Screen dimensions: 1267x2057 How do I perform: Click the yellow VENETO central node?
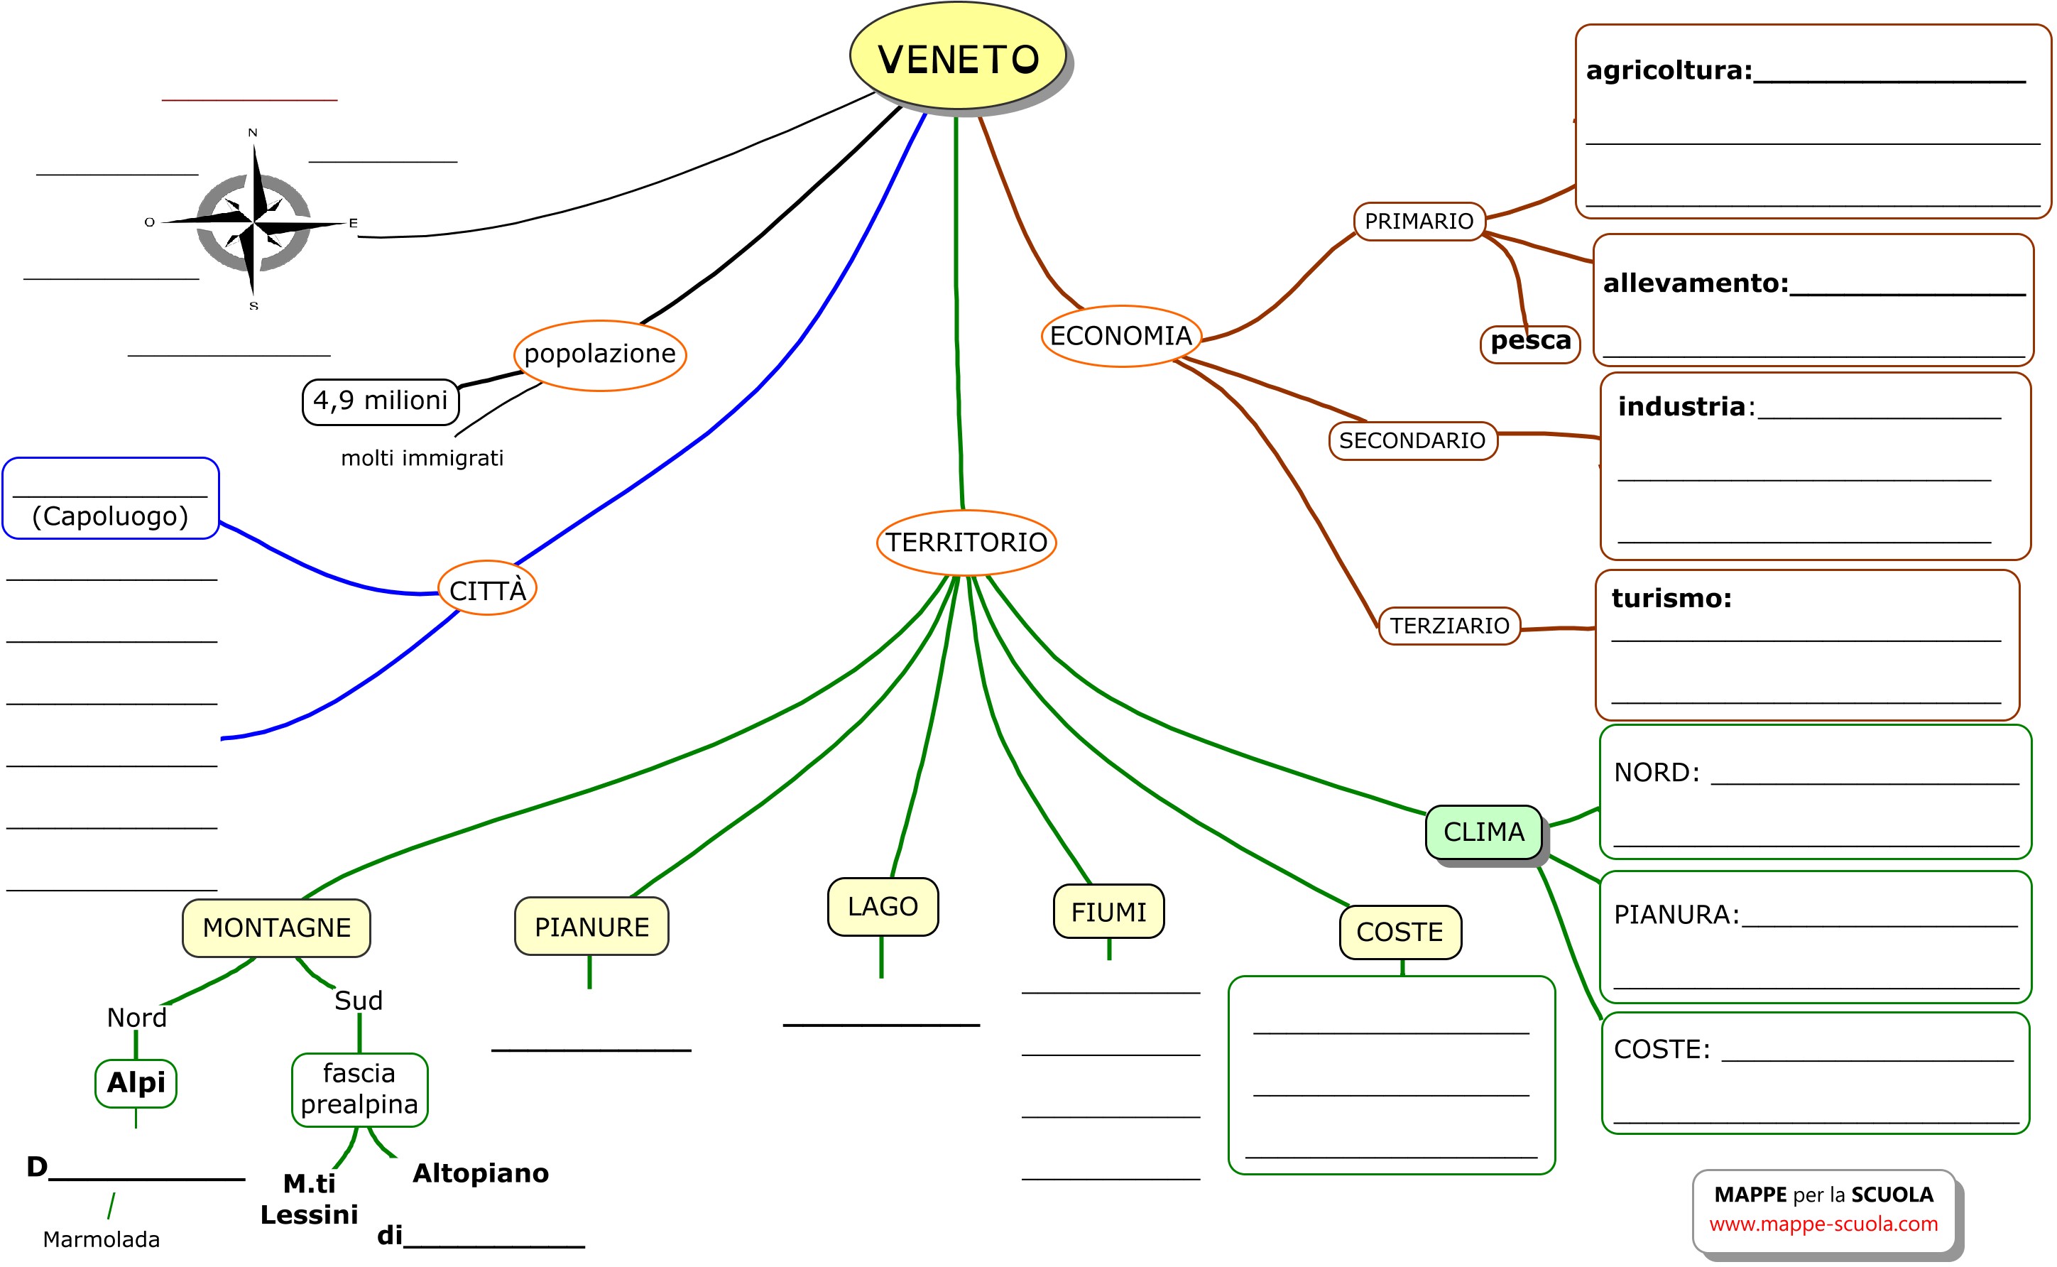point(957,57)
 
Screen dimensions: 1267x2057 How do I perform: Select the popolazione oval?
point(600,354)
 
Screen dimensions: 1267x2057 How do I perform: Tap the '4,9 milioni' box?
point(381,401)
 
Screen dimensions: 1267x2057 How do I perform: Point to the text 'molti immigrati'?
point(422,458)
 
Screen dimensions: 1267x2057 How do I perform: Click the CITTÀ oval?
point(488,590)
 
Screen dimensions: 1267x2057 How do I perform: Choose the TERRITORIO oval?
point(966,542)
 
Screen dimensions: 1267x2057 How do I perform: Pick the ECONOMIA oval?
point(1120,336)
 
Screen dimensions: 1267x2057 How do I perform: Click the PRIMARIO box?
point(1419,221)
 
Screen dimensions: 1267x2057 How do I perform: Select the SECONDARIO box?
point(1412,441)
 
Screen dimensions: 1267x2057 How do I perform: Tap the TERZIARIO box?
point(1449,626)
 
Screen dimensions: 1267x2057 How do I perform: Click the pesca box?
point(1530,342)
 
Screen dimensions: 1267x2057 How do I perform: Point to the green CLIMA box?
point(1483,832)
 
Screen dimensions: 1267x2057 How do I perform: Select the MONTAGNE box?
point(276,928)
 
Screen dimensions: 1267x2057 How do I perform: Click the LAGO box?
point(883,907)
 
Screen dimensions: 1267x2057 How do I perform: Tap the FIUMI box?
point(1108,912)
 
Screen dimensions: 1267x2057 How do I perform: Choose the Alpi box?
point(136,1082)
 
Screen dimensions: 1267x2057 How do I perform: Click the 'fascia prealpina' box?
point(359,1089)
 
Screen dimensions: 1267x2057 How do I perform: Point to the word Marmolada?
point(102,1239)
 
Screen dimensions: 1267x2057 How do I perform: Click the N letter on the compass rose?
point(253,132)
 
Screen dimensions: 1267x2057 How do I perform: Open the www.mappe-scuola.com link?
point(1823,1224)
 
